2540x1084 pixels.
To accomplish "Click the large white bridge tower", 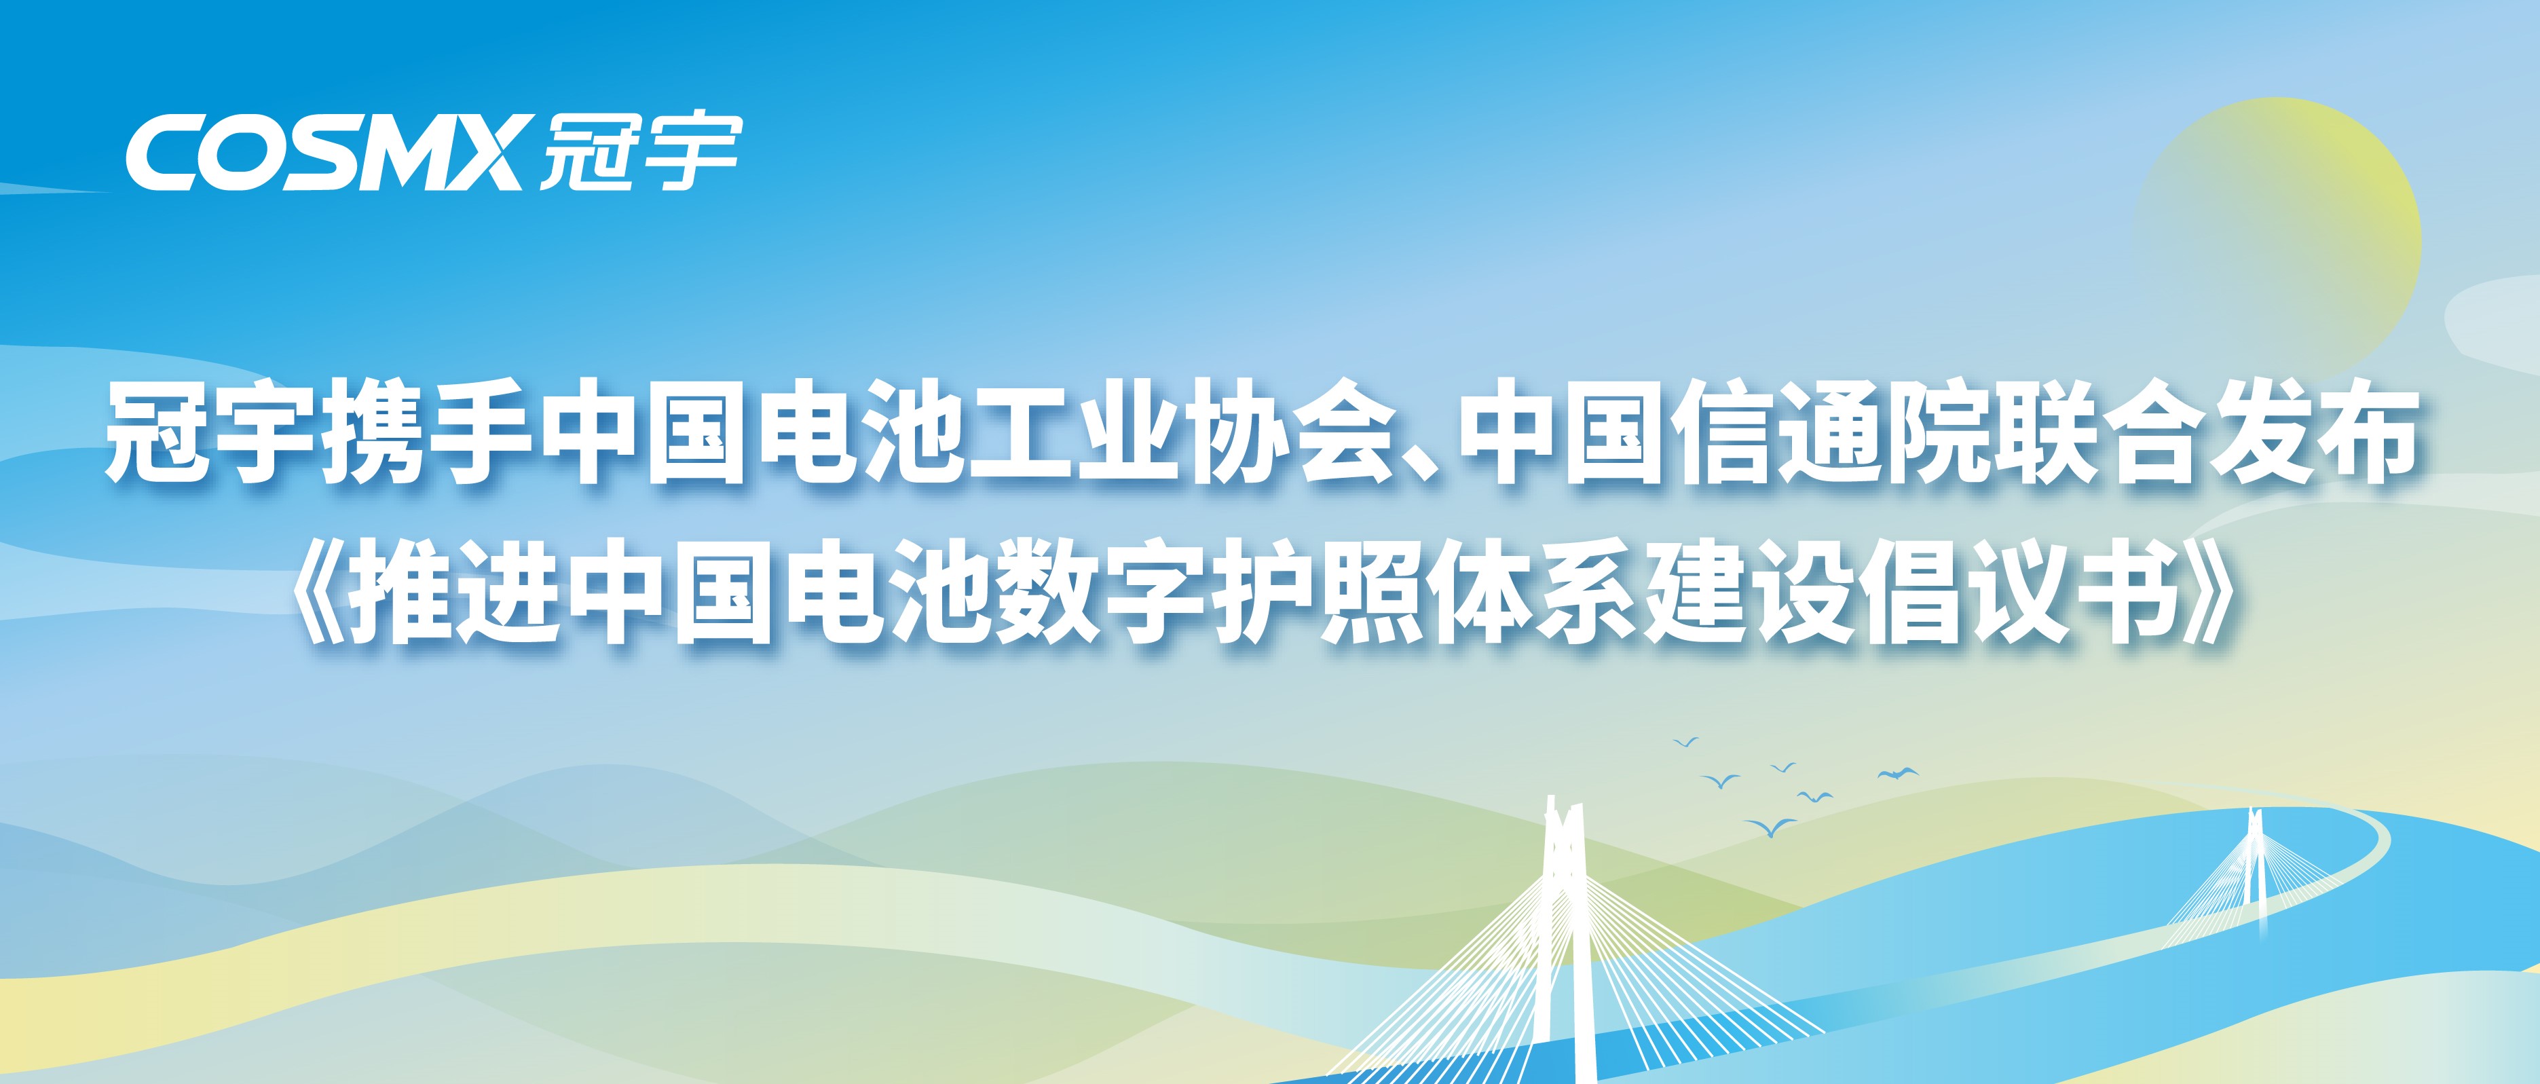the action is (1562, 937).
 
